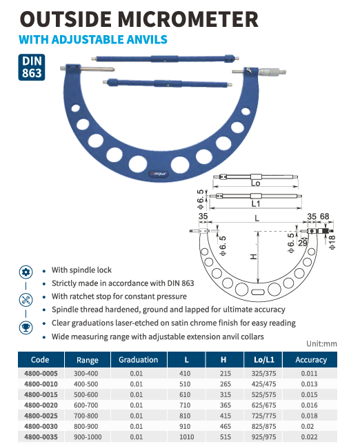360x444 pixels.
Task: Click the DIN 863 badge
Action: coord(32,67)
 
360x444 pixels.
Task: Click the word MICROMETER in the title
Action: coord(188,19)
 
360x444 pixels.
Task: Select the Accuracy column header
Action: coord(311,360)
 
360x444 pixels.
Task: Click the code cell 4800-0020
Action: coord(41,405)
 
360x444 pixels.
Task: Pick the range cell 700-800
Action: coord(86,416)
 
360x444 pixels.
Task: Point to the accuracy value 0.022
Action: coord(309,437)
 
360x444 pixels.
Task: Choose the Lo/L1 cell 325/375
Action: coord(263,374)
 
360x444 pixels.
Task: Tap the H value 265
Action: coord(226,384)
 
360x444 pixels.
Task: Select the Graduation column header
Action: coord(138,360)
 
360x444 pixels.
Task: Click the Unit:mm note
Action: coord(321,344)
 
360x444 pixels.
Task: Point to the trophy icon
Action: coord(26,327)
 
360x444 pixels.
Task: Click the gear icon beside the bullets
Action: coord(26,272)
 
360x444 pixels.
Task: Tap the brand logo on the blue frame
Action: coord(159,174)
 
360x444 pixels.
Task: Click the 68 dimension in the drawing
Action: coord(324,216)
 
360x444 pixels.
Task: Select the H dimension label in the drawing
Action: coord(254,256)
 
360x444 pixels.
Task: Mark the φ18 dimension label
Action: coord(332,242)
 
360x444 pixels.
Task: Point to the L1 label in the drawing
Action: coord(255,203)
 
